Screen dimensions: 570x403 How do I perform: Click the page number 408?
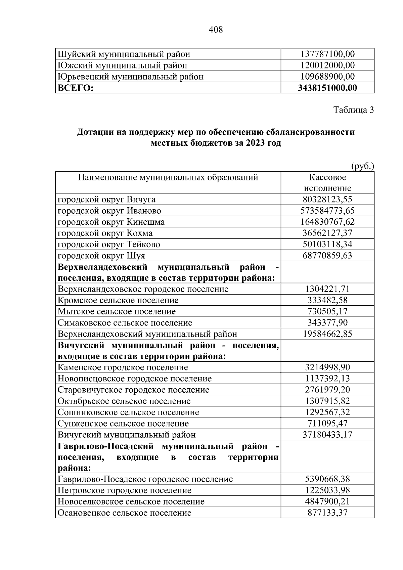(216, 30)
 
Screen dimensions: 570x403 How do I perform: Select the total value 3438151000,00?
(327, 88)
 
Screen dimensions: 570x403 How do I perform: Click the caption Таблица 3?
(353, 110)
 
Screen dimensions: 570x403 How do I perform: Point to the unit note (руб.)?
(362, 166)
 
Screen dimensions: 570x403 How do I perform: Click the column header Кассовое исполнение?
(327, 183)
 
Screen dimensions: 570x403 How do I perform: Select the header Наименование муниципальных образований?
(168, 177)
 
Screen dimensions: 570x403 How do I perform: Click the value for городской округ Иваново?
(327, 211)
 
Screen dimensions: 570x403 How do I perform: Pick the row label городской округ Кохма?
(105, 233)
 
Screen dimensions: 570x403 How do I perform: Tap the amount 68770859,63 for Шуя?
(327, 256)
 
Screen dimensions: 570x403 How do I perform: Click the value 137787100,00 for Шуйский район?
(327, 54)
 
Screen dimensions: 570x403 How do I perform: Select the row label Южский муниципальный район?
(122, 65)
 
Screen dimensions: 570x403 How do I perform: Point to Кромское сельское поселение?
(118, 300)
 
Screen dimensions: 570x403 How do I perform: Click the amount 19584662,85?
(327, 334)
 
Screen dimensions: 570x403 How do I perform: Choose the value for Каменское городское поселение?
(327, 367)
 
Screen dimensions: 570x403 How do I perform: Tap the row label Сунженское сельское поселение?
(123, 424)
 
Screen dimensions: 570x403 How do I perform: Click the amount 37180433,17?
(327, 435)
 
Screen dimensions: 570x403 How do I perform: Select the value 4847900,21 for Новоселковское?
(327, 501)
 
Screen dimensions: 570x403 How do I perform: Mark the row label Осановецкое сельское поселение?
(125, 513)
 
